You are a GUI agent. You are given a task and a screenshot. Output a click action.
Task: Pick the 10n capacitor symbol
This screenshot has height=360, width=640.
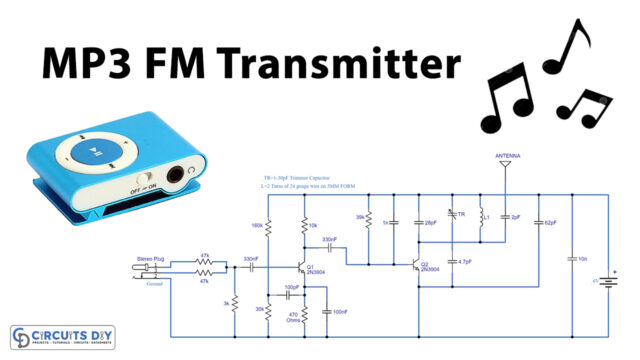[x=572, y=260]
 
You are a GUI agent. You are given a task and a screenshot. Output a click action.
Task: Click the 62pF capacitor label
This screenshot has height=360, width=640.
[x=551, y=222]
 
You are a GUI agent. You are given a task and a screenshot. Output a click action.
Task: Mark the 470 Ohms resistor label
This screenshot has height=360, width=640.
[x=293, y=317]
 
